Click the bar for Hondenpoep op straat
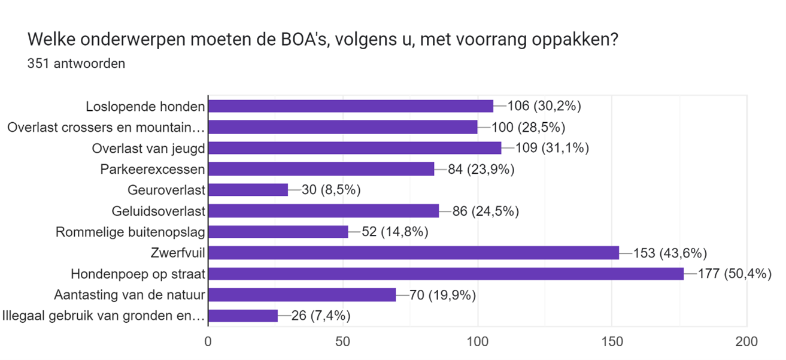point(446,274)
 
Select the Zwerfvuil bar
point(413,253)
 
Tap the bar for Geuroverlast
point(248,190)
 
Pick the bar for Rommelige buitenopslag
point(278,232)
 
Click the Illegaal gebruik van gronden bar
point(243,316)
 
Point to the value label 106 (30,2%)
point(545,106)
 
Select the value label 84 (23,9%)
point(482,169)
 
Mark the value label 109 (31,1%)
point(552,148)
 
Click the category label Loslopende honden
point(145,107)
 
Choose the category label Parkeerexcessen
point(153,170)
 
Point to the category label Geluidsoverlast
point(159,211)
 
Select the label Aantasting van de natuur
point(130,295)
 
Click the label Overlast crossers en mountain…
point(106,128)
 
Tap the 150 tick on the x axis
point(612,342)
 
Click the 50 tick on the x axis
point(342,342)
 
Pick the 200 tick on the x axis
point(746,342)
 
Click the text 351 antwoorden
point(76,63)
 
